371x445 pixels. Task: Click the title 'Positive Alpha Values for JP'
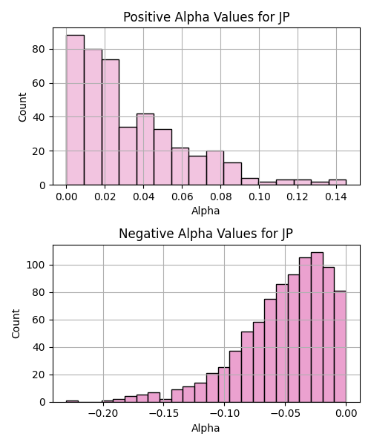(x=206, y=17)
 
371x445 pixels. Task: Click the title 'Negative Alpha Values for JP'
(x=206, y=234)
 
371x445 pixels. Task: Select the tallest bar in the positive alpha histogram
(x=75, y=110)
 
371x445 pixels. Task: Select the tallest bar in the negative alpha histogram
(x=317, y=327)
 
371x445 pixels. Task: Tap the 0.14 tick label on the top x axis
(x=336, y=197)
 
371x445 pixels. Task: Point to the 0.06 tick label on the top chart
(x=182, y=197)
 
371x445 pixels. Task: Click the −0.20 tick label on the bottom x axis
(x=103, y=414)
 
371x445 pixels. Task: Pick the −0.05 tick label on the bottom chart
(x=285, y=414)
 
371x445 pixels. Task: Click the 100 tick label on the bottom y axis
(x=36, y=265)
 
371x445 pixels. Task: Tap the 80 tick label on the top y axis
(x=39, y=50)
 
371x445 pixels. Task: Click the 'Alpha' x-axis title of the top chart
(x=206, y=211)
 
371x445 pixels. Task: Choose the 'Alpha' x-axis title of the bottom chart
(x=206, y=428)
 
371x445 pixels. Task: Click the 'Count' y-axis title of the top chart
(x=22, y=107)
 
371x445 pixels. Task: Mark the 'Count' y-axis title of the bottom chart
(x=16, y=324)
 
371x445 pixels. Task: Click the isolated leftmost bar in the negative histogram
(x=72, y=401)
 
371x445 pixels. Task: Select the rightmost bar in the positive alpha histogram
(x=338, y=182)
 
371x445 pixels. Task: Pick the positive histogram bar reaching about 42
(x=145, y=149)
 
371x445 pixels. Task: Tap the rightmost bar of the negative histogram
(x=341, y=346)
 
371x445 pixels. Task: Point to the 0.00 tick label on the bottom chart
(x=347, y=414)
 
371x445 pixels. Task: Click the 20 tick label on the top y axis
(x=39, y=151)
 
